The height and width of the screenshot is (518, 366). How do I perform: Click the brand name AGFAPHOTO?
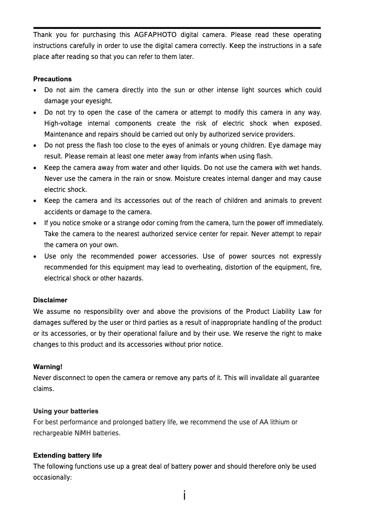click(155, 35)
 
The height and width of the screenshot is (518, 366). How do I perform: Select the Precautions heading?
click(52, 79)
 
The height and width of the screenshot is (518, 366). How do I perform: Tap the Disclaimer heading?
click(50, 300)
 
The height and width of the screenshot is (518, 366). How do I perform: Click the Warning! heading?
click(48, 367)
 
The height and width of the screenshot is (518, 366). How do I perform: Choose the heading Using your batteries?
click(66, 411)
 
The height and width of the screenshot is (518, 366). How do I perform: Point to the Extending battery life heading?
click(68, 455)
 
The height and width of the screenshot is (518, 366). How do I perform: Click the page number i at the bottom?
click(183, 496)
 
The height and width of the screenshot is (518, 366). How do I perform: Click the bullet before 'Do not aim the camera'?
click(36, 90)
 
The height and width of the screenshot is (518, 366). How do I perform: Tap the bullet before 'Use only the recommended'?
click(36, 257)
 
